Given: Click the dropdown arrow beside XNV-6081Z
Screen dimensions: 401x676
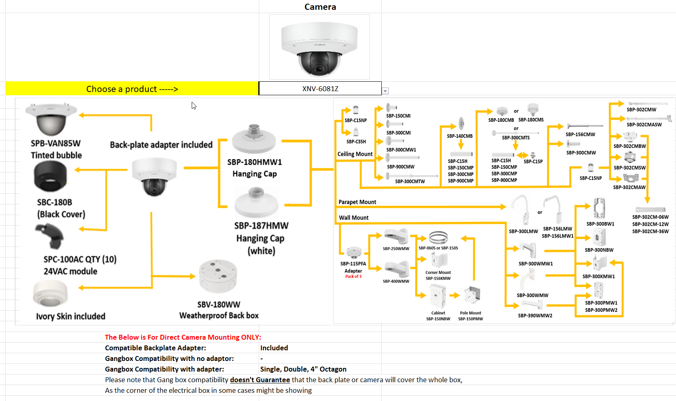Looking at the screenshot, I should [385, 91].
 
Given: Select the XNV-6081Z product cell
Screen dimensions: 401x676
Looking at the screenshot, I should [320, 89].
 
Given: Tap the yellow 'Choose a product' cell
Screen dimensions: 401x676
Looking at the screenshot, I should [132, 89].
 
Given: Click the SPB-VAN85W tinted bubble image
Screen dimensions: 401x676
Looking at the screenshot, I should [51, 119].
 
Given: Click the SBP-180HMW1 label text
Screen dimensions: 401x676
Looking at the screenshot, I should [255, 162].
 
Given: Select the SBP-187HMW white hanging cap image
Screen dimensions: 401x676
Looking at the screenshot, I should [256, 202].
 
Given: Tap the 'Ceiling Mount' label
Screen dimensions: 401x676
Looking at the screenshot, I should [355, 154].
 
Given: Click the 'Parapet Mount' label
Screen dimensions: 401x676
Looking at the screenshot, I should [357, 202].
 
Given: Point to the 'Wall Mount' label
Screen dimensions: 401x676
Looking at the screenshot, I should [354, 217].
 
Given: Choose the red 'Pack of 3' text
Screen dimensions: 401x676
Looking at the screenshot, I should [353, 277].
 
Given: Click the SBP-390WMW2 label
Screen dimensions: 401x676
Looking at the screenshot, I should [535, 316].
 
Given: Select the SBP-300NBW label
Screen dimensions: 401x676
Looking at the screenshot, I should [599, 250].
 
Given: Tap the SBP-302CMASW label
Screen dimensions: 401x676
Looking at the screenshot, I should [644, 125].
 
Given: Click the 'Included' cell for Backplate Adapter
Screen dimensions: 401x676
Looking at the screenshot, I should [274, 348].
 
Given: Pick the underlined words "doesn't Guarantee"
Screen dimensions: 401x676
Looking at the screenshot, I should [260, 380].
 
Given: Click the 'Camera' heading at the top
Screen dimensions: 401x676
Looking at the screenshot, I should [320, 7].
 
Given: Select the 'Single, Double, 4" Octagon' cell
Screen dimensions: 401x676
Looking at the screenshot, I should [303, 369].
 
